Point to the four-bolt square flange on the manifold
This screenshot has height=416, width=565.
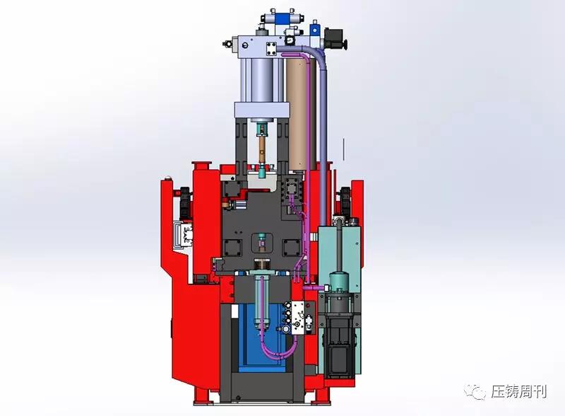pyautogui.click(x=272, y=48)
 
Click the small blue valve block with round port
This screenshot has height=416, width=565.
pyautogui.click(x=316, y=28)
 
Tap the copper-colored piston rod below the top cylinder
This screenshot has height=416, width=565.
pyautogui.click(x=262, y=151)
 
